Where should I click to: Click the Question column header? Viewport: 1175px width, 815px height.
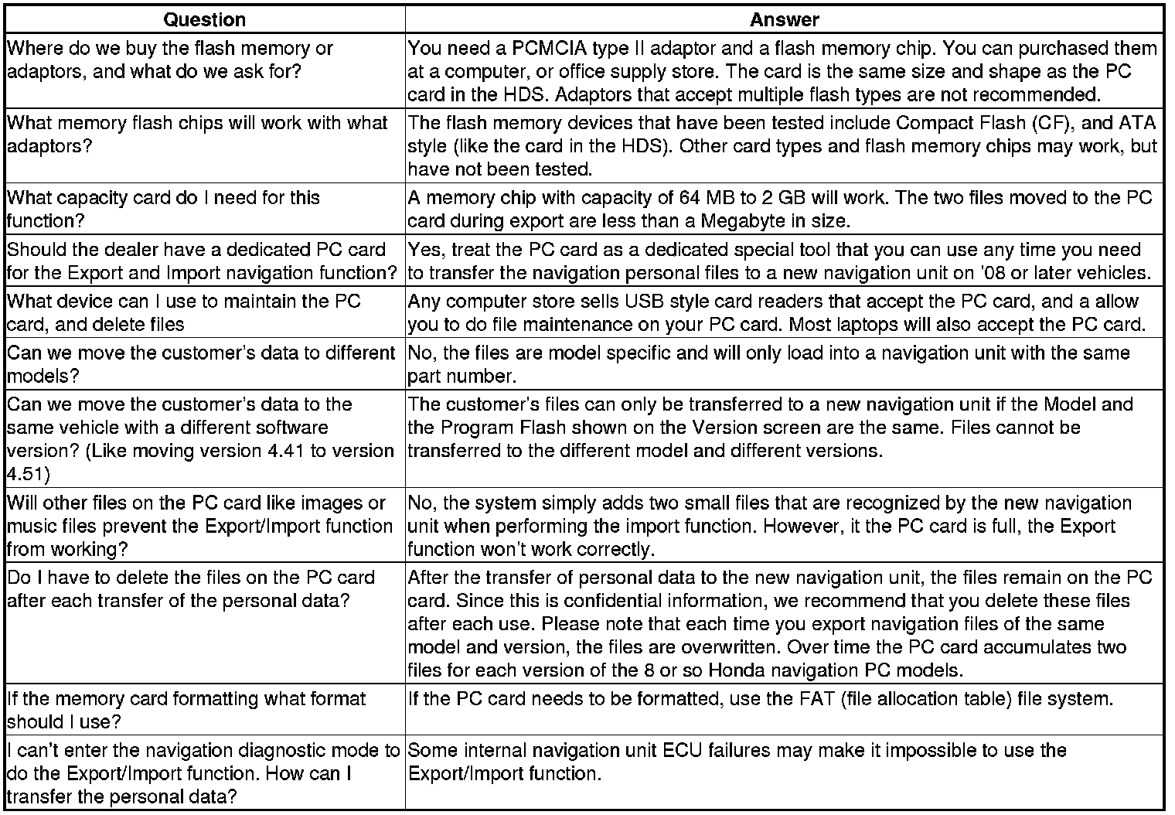pyautogui.click(x=205, y=19)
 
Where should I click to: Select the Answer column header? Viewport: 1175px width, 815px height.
pyautogui.click(x=784, y=19)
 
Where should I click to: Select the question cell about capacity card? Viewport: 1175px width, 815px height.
pyautogui.click(x=205, y=209)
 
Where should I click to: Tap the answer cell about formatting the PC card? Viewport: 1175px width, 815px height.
pyautogui.click(x=784, y=709)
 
